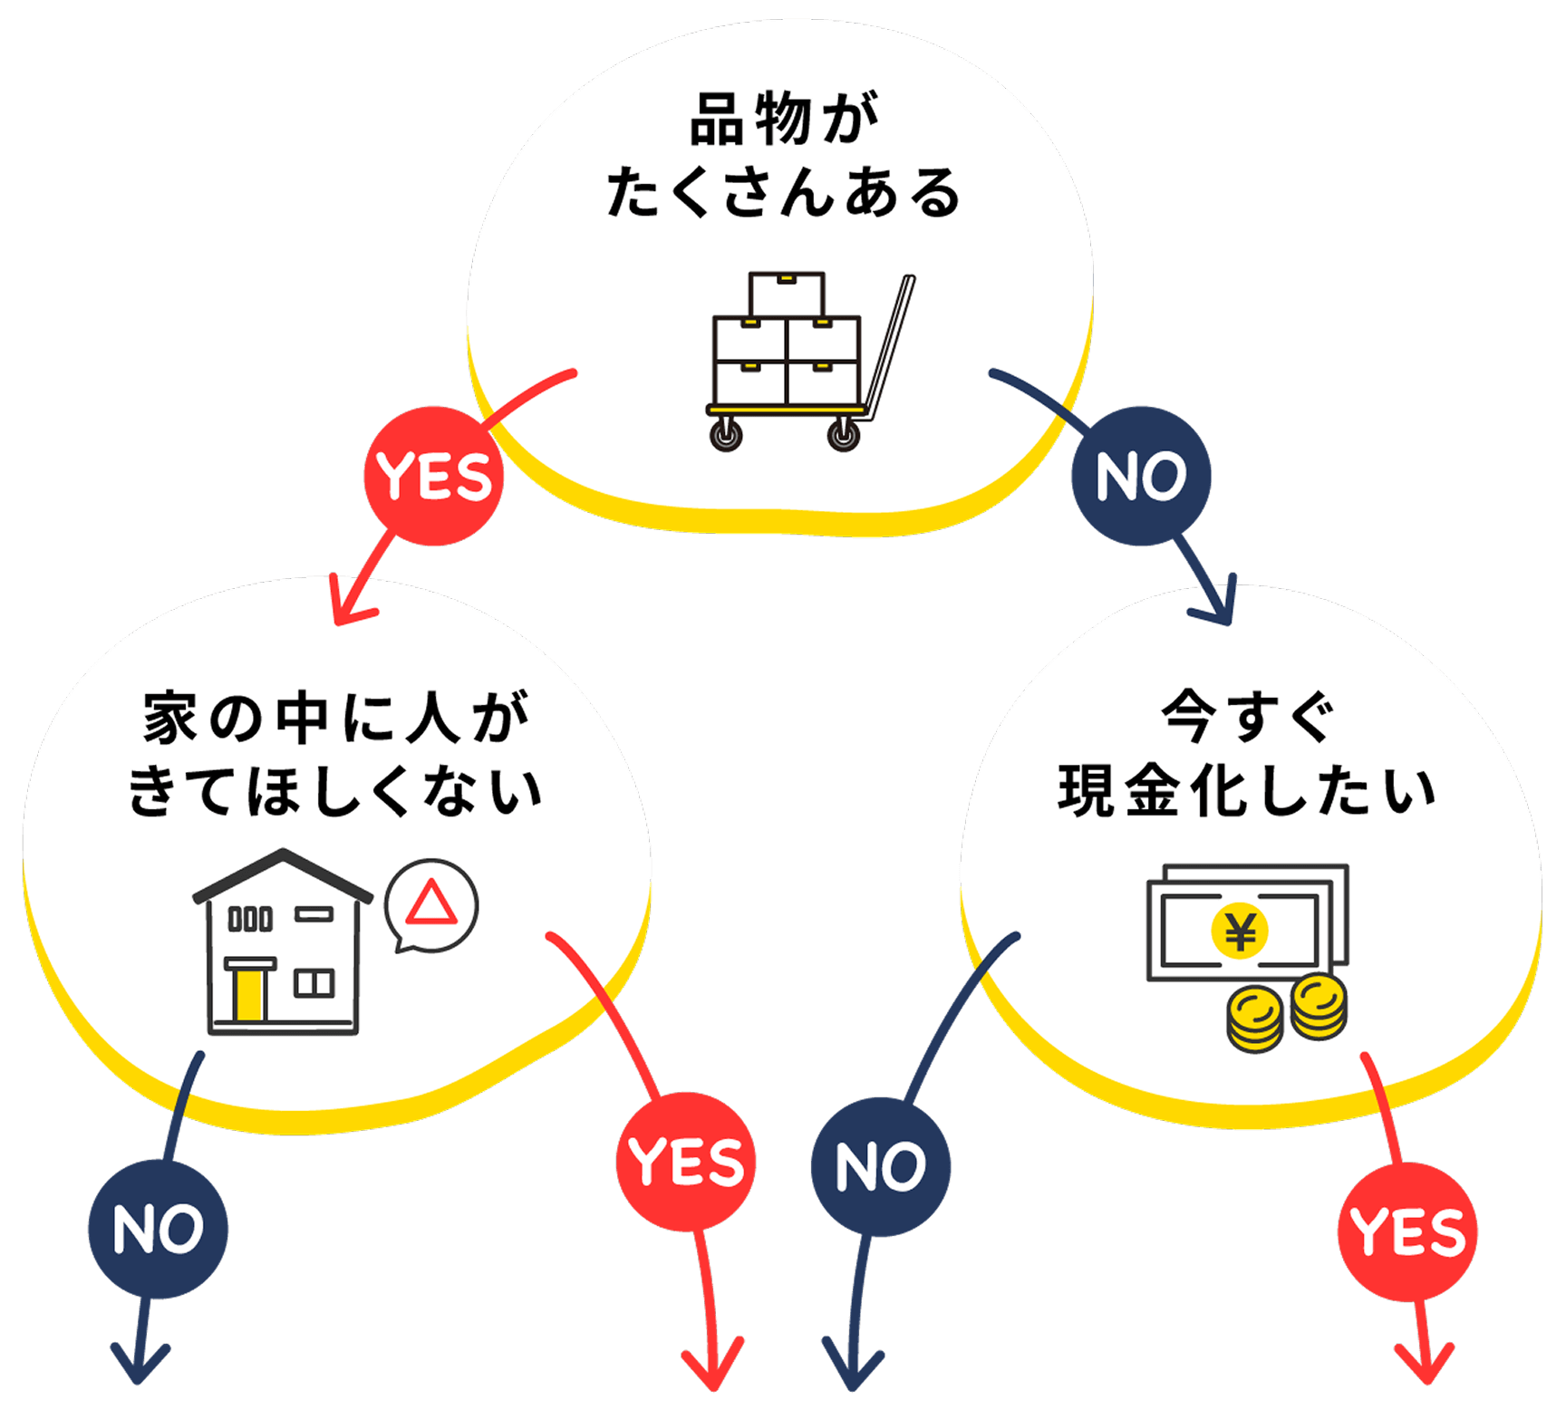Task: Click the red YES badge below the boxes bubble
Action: pos(433,477)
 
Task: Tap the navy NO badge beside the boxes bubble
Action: pos(1140,477)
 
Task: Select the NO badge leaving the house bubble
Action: pos(158,1230)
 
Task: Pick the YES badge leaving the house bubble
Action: pos(685,1162)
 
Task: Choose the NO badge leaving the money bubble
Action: pos(880,1166)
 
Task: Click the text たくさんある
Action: pos(784,193)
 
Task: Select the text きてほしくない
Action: pos(336,791)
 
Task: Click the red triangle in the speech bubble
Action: pos(430,903)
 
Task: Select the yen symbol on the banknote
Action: pos(1240,931)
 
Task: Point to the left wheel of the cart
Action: pos(725,434)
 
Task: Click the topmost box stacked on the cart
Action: pos(787,295)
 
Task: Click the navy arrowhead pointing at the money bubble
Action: pos(1219,607)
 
